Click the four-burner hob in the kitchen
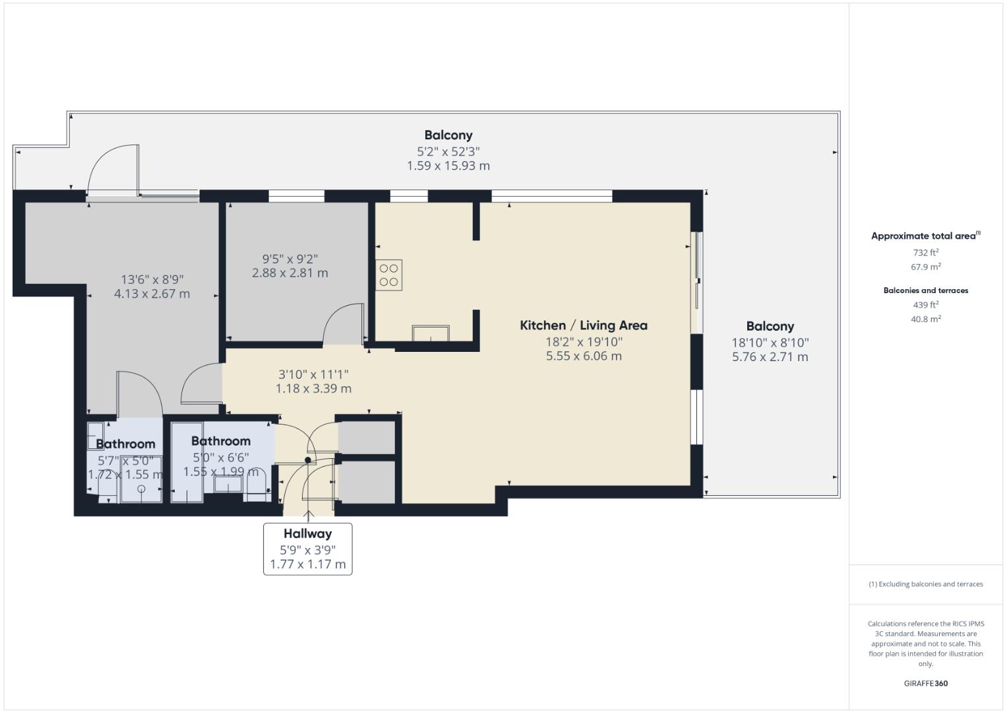tap(389, 275)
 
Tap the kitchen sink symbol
tap(430, 333)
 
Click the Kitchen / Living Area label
tap(584, 325)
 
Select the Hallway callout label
tap(307, 533)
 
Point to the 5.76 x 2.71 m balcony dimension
tap(770, 357)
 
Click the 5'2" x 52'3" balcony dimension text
tap(448, 151)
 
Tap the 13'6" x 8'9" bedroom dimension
tap(152, 280)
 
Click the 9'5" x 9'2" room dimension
tap(290, 259)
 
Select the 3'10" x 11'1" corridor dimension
tap(313, 374)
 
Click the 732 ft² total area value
tap(925, 253)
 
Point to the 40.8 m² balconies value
tap(925, 319)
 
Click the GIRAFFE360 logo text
tap(925, 683)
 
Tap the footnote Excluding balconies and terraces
tap(925, 584)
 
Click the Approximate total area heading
tap(925, 236)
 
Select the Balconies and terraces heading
tap(925, 290)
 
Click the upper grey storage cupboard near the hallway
tap(367, 437)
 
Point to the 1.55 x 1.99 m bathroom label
tap(221, 471)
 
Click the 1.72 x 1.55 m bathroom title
tap(125, 444)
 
